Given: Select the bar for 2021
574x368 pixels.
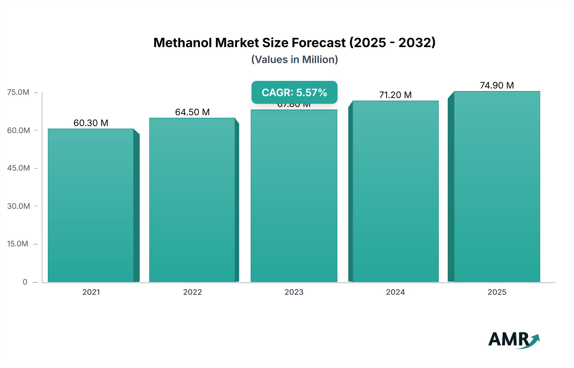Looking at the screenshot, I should pos(91,205).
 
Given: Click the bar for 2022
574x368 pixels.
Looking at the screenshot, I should pos(192,200).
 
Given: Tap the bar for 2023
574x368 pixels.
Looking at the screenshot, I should pos(294,196).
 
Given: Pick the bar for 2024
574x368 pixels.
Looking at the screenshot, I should pos(395,191).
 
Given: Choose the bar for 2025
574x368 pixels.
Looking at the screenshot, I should pos(497,187).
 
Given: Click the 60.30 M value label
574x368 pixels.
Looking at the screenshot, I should pos(91,123).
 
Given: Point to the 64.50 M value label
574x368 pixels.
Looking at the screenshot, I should pos(192,112).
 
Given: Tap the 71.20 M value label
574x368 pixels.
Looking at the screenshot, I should pos(395,95).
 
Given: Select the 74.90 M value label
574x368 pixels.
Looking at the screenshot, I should pos(497,85).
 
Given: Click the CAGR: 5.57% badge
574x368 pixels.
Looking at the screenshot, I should pos(294,92).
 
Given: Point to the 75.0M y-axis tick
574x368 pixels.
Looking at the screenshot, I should pos(18,92).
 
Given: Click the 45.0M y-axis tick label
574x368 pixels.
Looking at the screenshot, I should pos(18,168).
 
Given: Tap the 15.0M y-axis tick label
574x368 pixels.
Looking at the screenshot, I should pos(18,244).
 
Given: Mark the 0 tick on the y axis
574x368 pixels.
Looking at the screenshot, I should pos(25,282).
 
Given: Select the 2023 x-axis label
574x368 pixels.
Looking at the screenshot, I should pos(294,292).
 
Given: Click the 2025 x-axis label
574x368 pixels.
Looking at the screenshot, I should pos(497,292).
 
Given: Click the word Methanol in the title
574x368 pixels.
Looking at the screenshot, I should pos(183,43).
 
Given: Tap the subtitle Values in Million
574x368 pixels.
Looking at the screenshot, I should pos(294,60).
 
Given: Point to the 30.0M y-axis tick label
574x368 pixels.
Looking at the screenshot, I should pos(18,206).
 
